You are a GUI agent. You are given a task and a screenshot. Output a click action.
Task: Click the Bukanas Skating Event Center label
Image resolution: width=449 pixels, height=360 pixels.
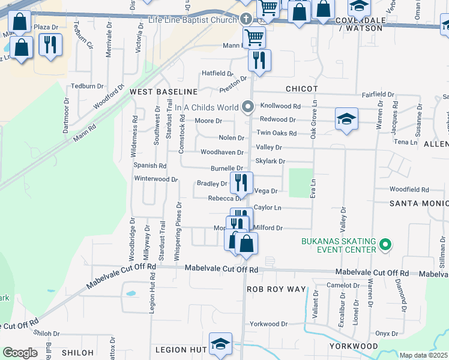pyautogui.click(x=338, y=245)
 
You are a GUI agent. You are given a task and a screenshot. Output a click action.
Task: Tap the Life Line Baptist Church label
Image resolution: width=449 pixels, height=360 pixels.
pyautogui.click(x=193, y=20)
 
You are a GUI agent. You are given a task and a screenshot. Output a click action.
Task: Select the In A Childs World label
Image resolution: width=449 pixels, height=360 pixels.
pyautogui.click(x=206, y=107)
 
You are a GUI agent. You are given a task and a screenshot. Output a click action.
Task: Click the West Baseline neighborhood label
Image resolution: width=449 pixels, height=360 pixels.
pyautogui.click(x=164, y=91)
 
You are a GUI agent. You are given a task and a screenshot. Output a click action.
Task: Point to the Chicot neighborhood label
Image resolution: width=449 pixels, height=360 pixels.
pyautogui.click(x=301, y=89)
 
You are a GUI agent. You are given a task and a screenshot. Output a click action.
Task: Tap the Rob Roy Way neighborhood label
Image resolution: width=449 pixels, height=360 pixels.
pyautogui.click(x=277, y=289)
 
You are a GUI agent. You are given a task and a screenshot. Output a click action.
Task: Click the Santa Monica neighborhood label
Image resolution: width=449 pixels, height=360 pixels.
pyautogui.click(x=419, y=203)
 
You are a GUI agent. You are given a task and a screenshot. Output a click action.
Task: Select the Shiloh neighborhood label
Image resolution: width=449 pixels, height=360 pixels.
pyautogui.click(x=77, y=352)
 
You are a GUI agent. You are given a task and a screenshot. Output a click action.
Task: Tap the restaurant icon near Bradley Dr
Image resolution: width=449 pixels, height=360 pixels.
pyautogui.click(x=241, y=181)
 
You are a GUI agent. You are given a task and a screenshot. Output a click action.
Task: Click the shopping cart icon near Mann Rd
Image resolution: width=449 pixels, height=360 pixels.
pyautogui.click(x=255, y=37)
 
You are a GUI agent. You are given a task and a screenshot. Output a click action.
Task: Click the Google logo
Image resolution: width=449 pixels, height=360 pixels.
pyautogui.click(x=20, y=353)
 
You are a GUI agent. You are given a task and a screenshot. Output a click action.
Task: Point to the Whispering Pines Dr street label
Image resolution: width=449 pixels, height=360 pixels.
pyautogui.click(x=178, y=231)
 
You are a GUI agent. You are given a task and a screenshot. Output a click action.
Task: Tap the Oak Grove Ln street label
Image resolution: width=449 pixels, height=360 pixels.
pyautogui.click(x=313, y=121)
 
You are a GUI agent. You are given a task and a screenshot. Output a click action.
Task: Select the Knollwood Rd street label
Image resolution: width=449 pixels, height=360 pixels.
pyautogui.click(x=280, y=104)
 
